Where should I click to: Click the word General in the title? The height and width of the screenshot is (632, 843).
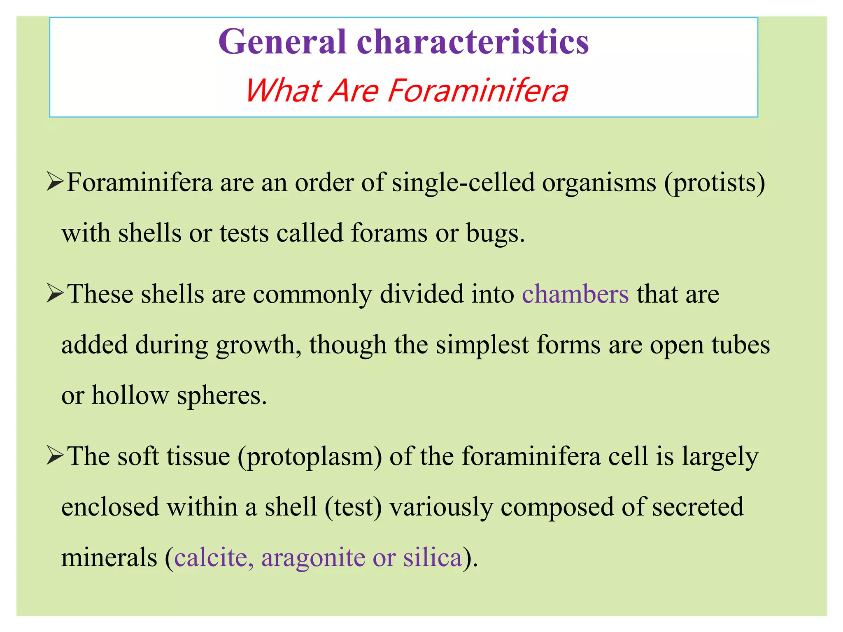tap(282, 42)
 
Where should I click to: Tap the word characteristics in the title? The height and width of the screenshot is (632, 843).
tap(473, 42)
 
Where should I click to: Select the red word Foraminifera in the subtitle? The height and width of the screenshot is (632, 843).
tap(478, 91)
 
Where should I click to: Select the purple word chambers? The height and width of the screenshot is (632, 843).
tap(575, 294)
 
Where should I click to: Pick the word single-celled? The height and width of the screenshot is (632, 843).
tap(463, 182)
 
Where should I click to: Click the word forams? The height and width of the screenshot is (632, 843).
tap(389, 233)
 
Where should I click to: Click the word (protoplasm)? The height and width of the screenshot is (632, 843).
tap(310, 457)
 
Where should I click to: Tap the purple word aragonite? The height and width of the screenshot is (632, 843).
tap(313, 558)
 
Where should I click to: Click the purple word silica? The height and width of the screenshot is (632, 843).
tap(432, 558)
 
